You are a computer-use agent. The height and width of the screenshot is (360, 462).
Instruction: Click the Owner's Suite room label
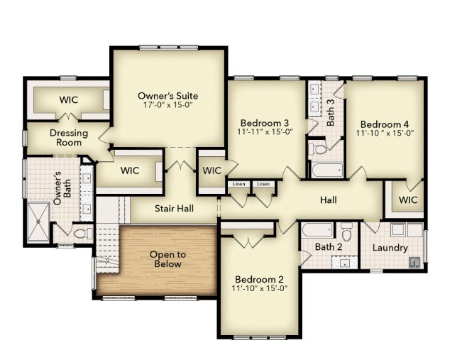tap(167, 96)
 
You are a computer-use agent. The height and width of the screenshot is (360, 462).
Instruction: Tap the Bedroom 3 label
tap(264, 121)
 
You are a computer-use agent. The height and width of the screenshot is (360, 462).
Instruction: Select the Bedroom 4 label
tap(384, 121)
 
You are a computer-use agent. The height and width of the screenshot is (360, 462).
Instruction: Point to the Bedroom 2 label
tap(260, 278)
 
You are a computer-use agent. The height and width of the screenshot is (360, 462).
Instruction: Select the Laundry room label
tap(390, 248)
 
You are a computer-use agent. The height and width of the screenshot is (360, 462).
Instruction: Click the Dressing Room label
tap(68, 138)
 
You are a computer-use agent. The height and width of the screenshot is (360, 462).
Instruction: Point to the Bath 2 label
tap(329, 247)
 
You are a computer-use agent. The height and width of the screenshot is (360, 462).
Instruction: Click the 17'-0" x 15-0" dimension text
tap(167, 106)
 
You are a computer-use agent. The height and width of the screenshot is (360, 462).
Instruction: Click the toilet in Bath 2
tap(346, 231)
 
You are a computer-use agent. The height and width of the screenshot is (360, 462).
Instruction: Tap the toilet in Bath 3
tap(318, 149)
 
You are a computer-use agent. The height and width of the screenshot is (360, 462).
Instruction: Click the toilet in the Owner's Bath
tap(81, 233)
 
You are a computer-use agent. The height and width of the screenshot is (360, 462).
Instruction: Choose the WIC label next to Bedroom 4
tap(408, 200)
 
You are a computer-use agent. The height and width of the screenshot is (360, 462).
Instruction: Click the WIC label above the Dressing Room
tap(68, 99)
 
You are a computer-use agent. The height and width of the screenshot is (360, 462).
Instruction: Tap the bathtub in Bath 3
tap(326, 170)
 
